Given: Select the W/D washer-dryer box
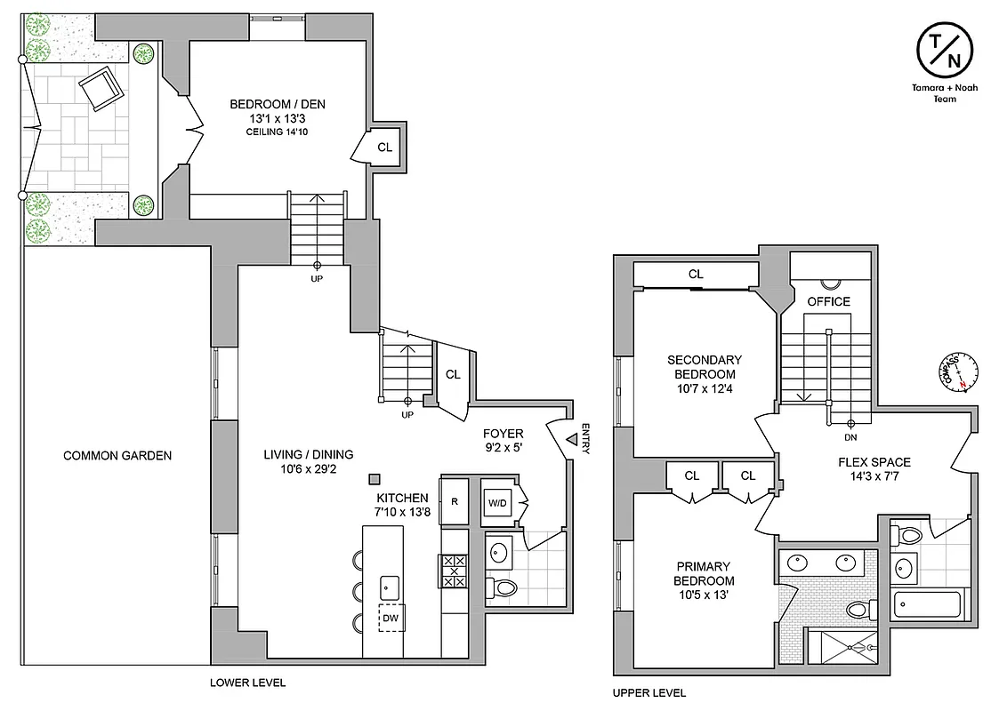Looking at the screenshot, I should click(495, 503).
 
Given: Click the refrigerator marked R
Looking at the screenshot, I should click(455, 501).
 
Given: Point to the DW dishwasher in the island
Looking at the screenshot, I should click(391, 616).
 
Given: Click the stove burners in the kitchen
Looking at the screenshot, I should click(454, 571).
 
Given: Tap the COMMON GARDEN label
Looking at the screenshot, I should click(117, 456).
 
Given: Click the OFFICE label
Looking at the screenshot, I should click(828, 301).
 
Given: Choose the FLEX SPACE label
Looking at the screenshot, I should click(874, 462).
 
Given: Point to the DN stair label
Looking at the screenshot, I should click(850, 436).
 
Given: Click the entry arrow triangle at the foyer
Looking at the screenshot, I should click(570, 438).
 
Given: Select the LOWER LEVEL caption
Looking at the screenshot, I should click(247, 683).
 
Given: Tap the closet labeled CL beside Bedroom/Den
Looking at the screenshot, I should click(384, 148).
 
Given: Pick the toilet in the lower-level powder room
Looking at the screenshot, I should click(504, 587).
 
